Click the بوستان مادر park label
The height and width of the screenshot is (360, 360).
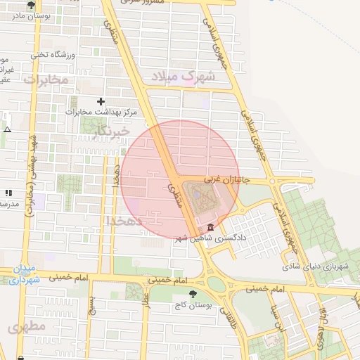tap(24, 14)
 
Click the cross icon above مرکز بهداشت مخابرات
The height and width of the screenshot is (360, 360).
tap(101, 102)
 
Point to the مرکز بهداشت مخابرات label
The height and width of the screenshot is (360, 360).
tap(101, 112)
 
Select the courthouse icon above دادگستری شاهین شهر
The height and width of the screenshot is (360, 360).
tap(211, 226)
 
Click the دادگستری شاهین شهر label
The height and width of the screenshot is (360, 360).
tap(212, 237)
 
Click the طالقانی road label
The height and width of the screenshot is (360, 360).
tap(226, 316)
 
